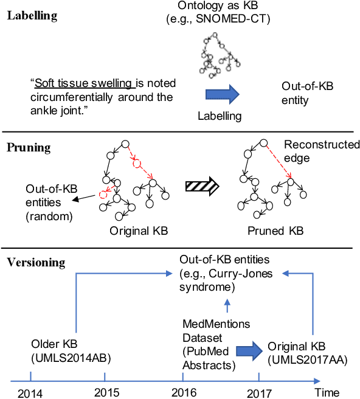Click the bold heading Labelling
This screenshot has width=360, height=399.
click(32, 16)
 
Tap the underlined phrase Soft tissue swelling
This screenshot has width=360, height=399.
click(85, 83)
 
